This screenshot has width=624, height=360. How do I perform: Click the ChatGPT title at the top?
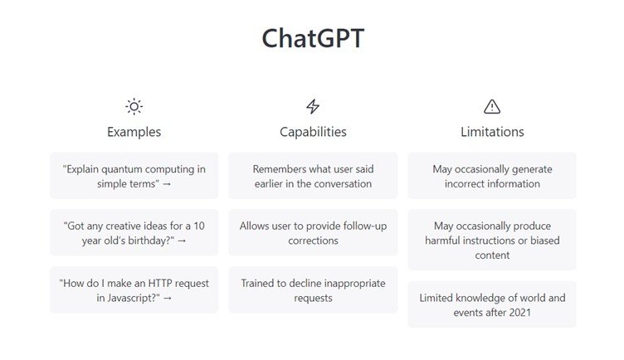click(313, 38)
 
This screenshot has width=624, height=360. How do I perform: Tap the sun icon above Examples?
click(134, 107)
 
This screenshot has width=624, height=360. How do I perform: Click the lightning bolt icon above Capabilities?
click(313, 107)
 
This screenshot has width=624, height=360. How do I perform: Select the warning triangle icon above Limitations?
click(492, 107)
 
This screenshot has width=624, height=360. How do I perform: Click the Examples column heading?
click(134, 132)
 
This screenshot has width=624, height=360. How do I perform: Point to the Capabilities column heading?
click(313, 132)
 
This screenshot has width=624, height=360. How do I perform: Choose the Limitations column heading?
click(492, 132)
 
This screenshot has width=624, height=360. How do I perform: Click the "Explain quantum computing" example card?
click(134, 176)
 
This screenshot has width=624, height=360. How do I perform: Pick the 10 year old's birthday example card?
click(134, 233)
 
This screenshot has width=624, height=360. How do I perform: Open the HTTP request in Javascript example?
click(134, 290)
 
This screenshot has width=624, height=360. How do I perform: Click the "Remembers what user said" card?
click(313, 176)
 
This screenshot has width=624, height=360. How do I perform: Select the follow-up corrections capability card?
click(313, 233)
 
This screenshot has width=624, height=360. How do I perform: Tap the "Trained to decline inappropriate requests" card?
click(313, 290)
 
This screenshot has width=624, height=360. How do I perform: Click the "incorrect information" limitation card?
click(492, 176)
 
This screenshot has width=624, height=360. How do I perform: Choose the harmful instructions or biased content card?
click(492, 240)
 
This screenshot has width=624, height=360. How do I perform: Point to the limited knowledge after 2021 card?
click(492, 304)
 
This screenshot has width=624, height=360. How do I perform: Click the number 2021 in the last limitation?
click(519, 313)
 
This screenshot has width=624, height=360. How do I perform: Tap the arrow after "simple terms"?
click(167, 184)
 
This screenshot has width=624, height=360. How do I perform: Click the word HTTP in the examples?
click(160, 283)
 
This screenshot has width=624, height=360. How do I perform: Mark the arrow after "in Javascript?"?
click(168, 299)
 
